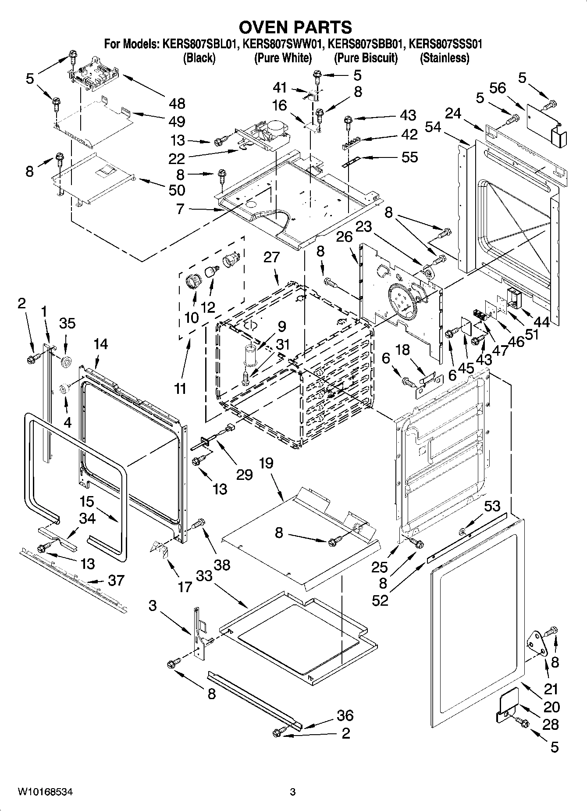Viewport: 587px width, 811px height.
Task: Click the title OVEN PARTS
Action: [x=295, y=27]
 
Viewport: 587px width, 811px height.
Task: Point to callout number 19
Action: [x=266, y=463]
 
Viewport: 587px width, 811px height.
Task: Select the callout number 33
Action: [x=204, y=575]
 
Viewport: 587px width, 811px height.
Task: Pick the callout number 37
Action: [x=117, y=580]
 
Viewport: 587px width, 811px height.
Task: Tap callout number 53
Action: [x=492, y=506]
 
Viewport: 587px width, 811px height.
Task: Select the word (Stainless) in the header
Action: [x=445, y=58]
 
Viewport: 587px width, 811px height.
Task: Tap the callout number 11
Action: [x=180, y=388]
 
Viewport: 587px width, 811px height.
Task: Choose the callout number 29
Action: [x=245, y=474]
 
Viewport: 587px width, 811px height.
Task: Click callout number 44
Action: [x=542, y=322]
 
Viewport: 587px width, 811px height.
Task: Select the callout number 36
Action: [x=345, y=715]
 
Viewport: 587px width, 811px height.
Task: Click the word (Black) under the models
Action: [x=199, y=58]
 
